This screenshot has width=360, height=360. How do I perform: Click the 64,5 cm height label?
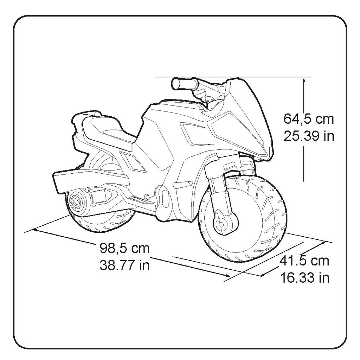309,119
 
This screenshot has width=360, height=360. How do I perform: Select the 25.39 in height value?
309,136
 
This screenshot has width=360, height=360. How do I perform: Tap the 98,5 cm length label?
125,248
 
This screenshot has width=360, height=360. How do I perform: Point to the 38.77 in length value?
125,265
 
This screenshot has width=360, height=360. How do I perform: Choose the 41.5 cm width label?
304,261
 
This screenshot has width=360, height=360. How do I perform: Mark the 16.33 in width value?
305,278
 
